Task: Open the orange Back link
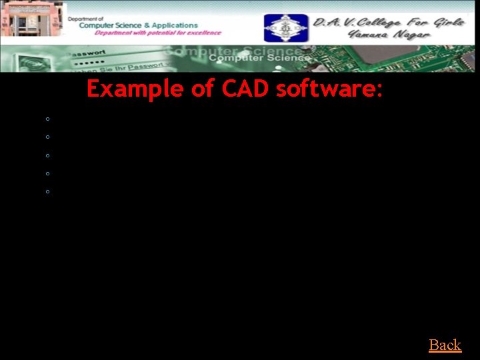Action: [445, 345]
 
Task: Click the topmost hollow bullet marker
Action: [48, 119]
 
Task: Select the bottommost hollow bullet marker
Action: [48, 191]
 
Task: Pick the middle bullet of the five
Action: [48, 155]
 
